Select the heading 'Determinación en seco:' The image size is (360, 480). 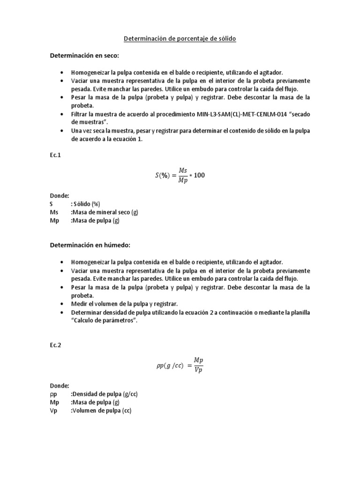(x=85, y=56)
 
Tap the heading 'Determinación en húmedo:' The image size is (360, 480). (x=90, y=245)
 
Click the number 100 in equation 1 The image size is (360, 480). (x=199, y=176)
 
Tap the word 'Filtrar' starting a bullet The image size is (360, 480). (x=80, y=114)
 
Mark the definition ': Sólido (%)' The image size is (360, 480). (x=86, y=204)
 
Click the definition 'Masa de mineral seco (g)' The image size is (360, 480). (x=105, y=212)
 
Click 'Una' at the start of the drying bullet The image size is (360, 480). (x=77, y=130)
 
